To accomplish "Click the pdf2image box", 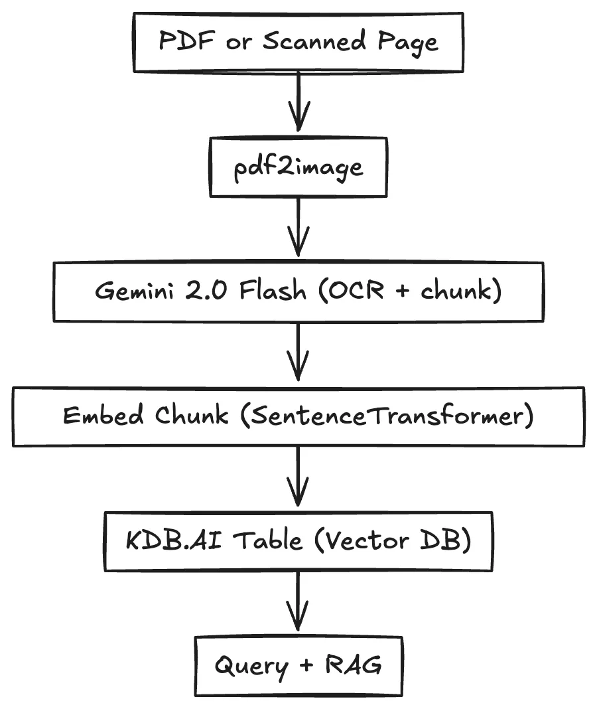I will point(298,167).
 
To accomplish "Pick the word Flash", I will point(272,291).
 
